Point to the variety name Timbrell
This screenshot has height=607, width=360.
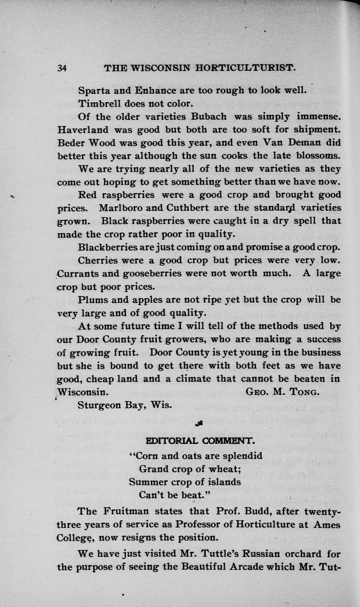(97, 104)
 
